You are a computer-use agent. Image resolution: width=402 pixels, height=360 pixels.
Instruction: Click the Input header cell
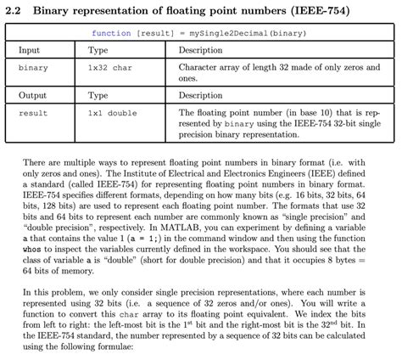pyautogui.click(x=29, y=50)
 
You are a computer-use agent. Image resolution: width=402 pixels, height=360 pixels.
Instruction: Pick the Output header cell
pyautogui.click(x=32, y=96)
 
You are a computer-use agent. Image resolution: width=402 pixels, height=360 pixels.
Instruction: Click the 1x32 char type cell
pyautogui.click(x=110, y=67)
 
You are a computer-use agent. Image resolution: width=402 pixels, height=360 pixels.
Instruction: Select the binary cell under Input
pyautogui.click(x=33, y=67)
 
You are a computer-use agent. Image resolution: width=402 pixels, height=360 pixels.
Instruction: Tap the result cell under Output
pyautogui.click(x=33, y=113)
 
